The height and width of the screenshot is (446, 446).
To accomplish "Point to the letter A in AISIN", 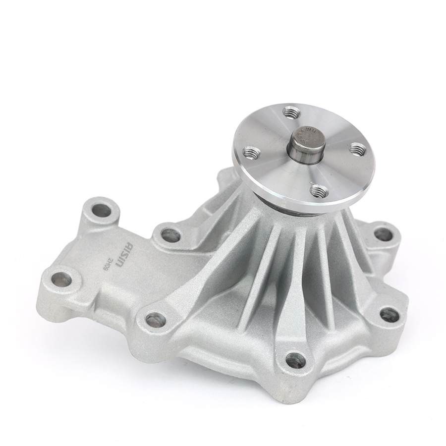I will (130, 246).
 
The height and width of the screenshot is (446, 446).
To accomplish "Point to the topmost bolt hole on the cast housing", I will (102, 210).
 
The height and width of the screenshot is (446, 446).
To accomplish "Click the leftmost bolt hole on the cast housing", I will (61, 279).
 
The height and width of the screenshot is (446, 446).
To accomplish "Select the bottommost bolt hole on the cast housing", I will (295, 360).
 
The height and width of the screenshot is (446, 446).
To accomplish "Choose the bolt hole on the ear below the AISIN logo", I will (155, 320).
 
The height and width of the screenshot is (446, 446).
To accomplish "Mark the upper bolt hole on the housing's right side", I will (383, 234).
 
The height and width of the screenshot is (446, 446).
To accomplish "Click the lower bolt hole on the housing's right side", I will (390, 314).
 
